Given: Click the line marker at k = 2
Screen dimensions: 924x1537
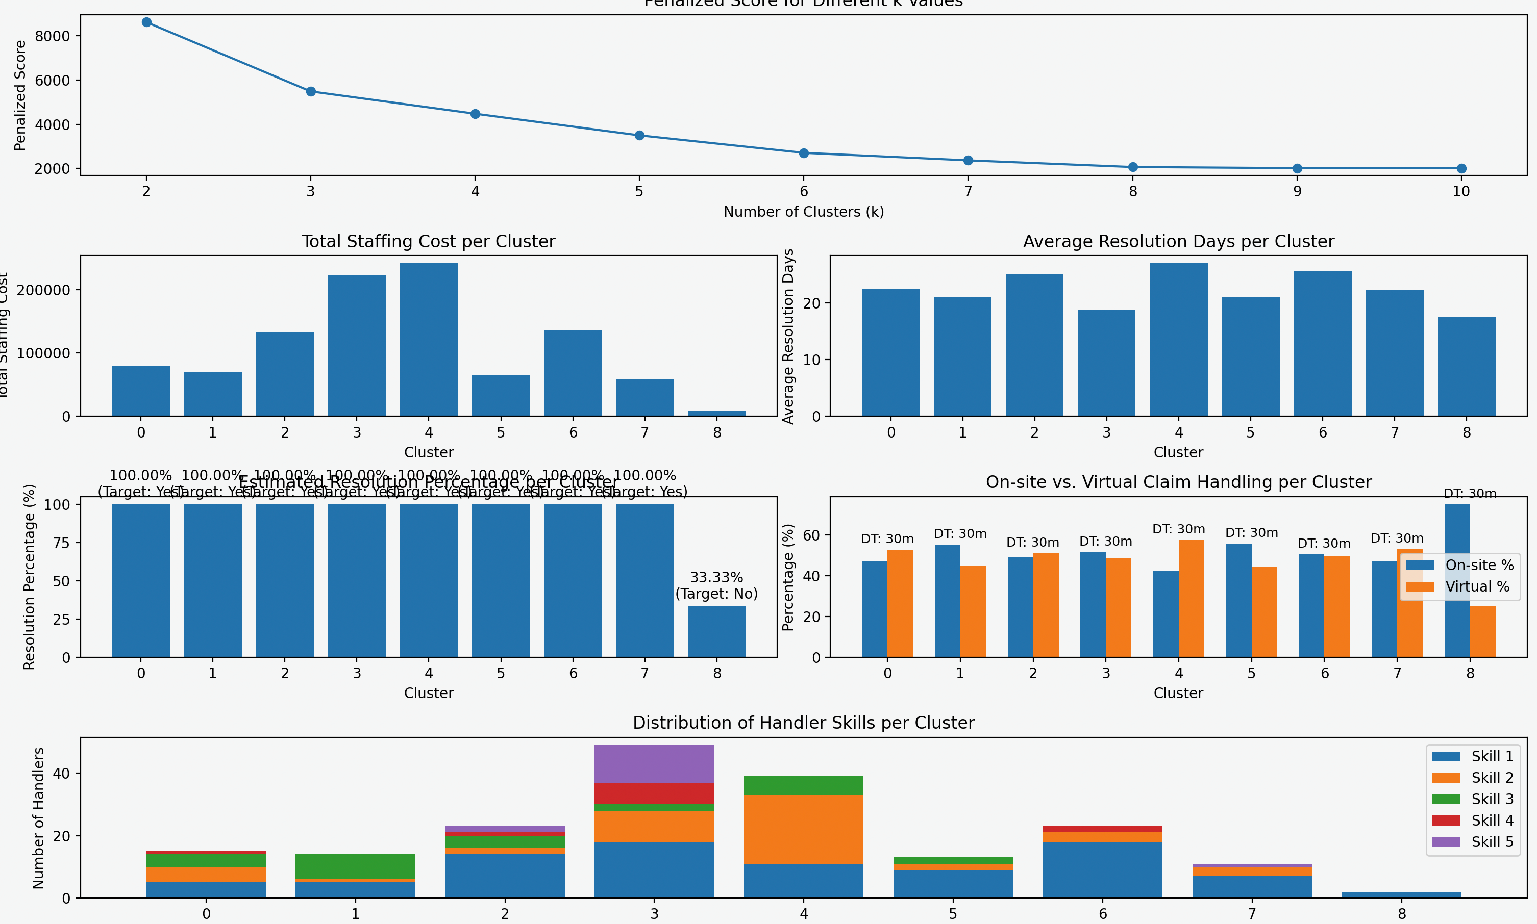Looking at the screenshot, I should coord(146,22).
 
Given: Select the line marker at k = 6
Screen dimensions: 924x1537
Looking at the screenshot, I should coord(804,153).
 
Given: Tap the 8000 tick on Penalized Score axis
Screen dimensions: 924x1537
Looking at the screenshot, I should coord(53,36).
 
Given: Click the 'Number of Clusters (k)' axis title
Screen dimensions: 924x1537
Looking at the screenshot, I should coord(803,212).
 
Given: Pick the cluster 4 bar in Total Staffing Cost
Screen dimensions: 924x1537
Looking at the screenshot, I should coord(429,339).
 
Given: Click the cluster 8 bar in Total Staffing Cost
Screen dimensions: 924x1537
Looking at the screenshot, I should coord(716,414).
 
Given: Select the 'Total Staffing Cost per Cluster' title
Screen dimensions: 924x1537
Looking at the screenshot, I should coord(429,242).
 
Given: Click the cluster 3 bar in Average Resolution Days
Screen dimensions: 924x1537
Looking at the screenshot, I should coord(1106,363).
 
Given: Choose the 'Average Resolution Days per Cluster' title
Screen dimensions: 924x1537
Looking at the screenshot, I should coord(1178,242).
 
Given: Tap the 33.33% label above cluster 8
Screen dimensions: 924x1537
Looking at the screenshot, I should coord(716,577).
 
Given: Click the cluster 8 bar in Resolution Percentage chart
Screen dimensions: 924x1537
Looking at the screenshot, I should coord(716,631).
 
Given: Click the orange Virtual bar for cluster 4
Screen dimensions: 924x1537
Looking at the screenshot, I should coord(1191,598).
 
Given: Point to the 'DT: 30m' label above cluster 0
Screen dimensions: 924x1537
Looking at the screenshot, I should coord(887,539).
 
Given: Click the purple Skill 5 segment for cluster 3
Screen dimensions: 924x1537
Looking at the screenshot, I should coord(654,763).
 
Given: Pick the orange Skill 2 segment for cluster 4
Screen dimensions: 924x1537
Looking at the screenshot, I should coord(804,829).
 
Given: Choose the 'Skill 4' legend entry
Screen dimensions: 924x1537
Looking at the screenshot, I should coord(1473,820).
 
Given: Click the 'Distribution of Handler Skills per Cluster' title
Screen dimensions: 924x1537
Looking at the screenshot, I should coord(803,723).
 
